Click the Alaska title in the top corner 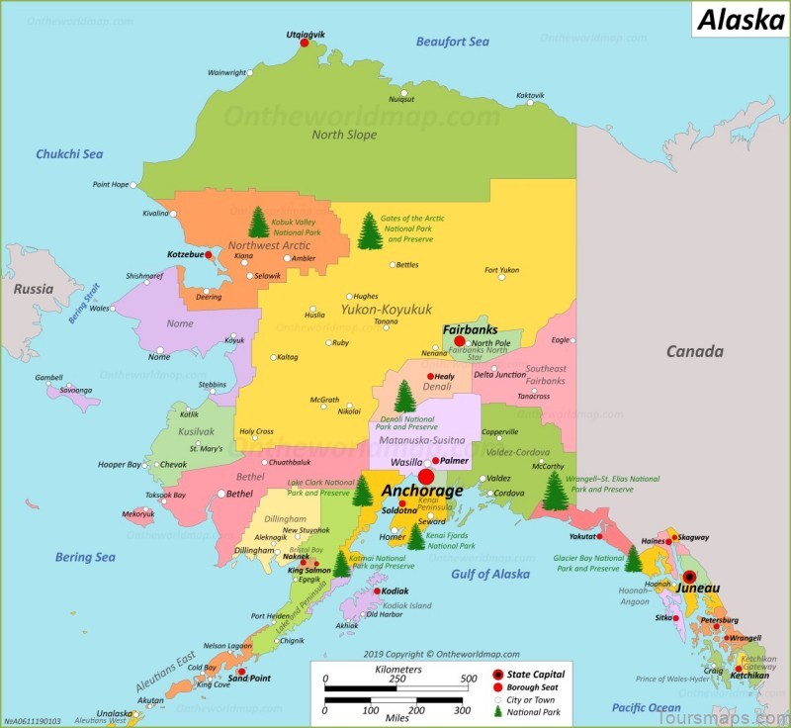pos(741,20)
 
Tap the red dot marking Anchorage pos(426,476)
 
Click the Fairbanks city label pos(470,330)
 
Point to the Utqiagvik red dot pos(305,44)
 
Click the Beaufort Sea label pos(452,42)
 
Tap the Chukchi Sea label pos(69,154)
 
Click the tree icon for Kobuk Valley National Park pos(259,222)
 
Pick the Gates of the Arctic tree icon pos(370,231)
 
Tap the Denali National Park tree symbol pos(404,397)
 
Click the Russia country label pos(34,290)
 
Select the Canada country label pos(694,351)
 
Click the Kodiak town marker pos(378,591)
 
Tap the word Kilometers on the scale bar pos(398,670)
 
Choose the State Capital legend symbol pos(497,675)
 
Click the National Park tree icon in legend pos(497,710)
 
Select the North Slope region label pos(344,135)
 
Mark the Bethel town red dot pos(220,493)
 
